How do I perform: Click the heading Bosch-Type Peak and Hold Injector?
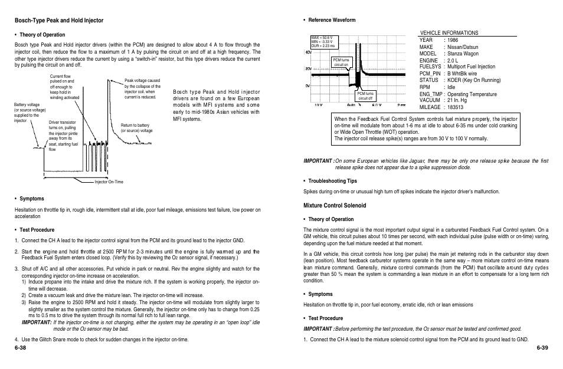coord(59,21)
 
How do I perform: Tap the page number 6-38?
coord(21,347)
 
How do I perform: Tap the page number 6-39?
coord(542,347)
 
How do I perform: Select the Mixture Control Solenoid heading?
coord(335,206)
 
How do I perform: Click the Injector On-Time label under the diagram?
coord(109,182)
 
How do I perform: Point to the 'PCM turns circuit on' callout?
coord(341,62)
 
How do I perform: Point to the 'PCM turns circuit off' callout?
coord(365,96)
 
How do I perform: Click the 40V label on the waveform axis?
coord(307,52)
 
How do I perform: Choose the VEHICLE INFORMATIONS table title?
coord(449,33)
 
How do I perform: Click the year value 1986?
coord(454,40)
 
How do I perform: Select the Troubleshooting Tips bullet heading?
coord(332,181)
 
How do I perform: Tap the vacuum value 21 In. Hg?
coord(460,100)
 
